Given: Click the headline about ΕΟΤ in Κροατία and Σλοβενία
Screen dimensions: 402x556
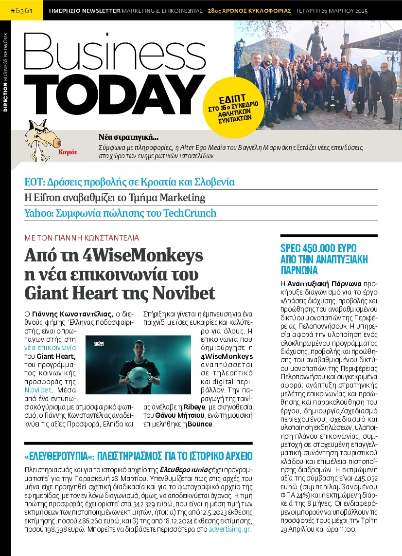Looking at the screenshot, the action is click(x=130, y=182).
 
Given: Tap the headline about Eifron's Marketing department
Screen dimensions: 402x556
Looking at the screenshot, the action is click(x=115, y=198).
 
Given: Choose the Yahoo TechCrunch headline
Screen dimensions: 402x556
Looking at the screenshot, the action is click(x=121, y=213).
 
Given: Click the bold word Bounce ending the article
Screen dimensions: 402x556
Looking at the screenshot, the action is click(x=201, y=424).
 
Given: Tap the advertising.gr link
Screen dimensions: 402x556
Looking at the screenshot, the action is click(x=230, y=529).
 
